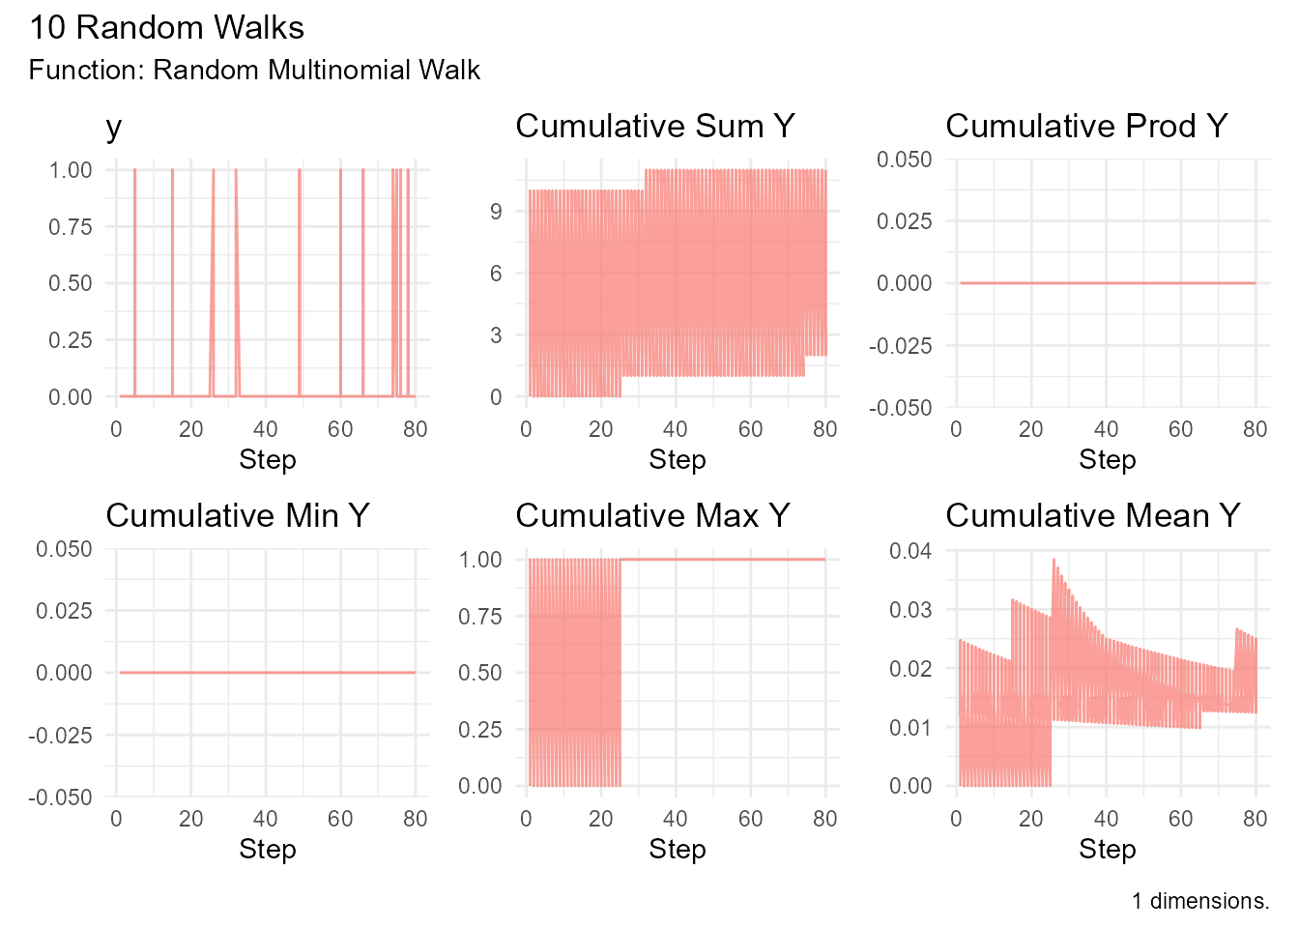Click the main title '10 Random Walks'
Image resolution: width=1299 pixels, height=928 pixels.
point(166,28)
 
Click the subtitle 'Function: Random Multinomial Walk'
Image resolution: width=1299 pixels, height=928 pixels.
point(254,71)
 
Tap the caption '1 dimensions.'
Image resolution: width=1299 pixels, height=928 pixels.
point(1200,901)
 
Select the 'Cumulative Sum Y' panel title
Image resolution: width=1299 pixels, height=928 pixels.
point(655,127)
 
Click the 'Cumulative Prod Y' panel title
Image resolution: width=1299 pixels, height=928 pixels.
point(1086,127)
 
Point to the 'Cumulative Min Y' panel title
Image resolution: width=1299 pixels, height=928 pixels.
point(238,516)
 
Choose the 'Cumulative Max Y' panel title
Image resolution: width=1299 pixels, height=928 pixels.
point(653,516)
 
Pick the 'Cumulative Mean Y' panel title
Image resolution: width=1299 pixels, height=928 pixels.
point(1093,516)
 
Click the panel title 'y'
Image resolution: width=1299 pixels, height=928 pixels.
point(114,127)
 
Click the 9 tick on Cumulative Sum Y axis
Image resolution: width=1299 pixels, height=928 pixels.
point(496,212)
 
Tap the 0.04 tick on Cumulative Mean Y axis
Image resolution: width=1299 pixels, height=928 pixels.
point(910,551)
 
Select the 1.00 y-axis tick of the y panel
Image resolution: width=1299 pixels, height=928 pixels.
point(71,170)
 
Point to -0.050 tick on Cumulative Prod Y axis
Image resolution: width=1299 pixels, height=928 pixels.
point(904,408)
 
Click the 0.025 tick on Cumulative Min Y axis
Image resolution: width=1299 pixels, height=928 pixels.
point(63,611)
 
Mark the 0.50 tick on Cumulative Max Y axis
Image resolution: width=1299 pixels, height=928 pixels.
point(480,673)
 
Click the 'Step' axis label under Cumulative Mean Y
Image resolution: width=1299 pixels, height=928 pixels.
point(1107,849)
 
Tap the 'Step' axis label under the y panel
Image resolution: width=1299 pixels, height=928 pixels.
point(267,459)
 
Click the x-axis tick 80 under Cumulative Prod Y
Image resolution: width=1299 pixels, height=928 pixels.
point(1255,429)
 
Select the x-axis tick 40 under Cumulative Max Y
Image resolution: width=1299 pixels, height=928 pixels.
point(676,819)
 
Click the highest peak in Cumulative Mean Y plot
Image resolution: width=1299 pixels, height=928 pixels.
point(1054,559)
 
